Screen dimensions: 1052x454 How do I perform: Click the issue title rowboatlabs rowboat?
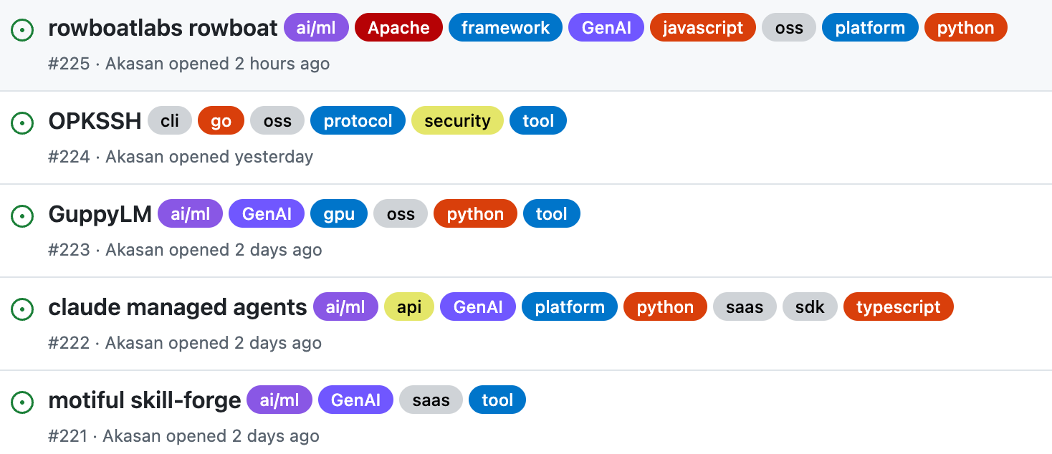tap(163, 28)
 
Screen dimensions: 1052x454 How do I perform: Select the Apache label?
tap(398, 27)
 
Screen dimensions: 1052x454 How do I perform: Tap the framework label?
tap(505, 27)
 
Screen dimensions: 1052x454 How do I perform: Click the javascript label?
tap(702, 27)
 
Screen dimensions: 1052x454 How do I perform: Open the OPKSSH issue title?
tap(95, 120)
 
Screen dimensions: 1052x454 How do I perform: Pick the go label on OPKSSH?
tap(221, 120)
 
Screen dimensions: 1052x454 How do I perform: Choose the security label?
tap(457, 120)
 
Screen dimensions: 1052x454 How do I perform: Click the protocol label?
tap(358, 120)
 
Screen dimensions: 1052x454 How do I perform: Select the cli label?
tap(170, 120)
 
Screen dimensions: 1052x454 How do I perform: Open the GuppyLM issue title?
tap(100, 214)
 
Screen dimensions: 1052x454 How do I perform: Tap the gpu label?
tap(339, 213)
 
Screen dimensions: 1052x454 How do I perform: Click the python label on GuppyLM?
tap(475, 213)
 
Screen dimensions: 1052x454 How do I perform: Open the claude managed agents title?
tap(178, 307)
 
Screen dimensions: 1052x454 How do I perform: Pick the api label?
tap(409, 306)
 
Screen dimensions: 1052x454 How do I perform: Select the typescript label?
tap(899, 306)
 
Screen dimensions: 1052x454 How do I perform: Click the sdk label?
tap(810, 306)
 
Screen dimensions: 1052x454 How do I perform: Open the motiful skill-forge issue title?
tap(145, 400)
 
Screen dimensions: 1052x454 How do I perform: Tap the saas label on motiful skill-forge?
tap(431, 400)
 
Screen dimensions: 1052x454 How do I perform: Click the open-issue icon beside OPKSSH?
tap(22, 123)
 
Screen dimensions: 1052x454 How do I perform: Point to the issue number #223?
tap(69, 250)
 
